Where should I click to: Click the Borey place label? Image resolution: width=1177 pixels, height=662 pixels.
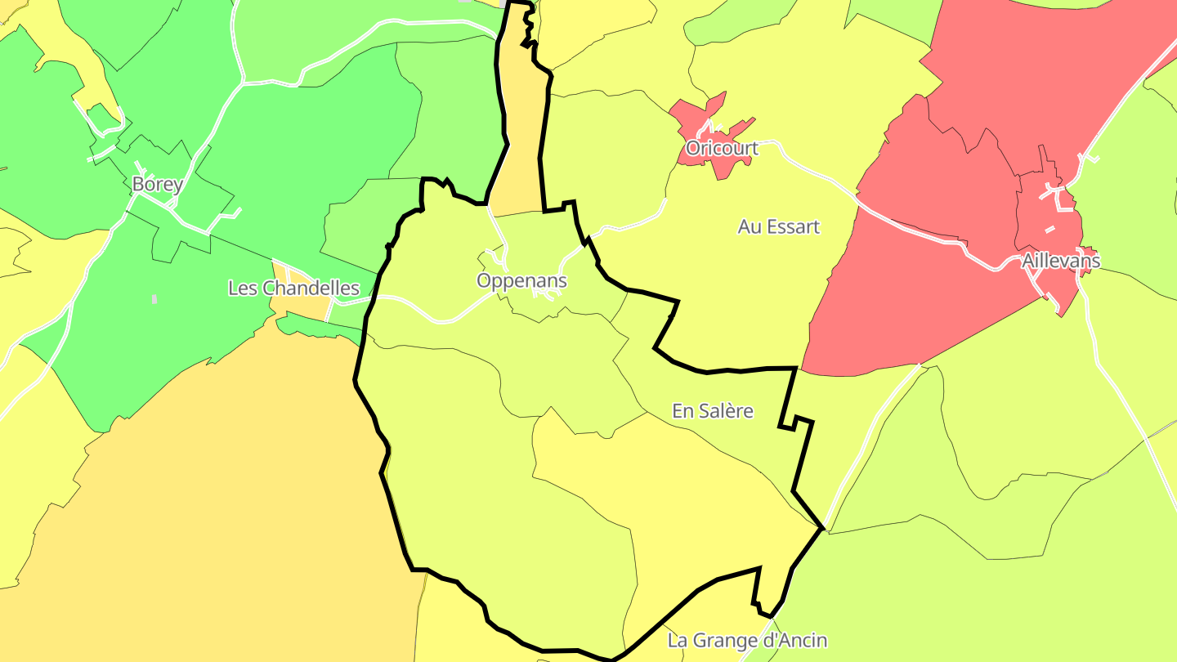(x=157, y=184)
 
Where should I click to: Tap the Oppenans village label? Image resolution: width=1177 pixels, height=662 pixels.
(x=521, y=280)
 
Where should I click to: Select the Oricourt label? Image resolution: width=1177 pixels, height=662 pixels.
(x=722, y=148)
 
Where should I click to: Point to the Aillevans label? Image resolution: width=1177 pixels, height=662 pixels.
(x=1060, y=261)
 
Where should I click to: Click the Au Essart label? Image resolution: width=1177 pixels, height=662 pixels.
(x=778, y=226)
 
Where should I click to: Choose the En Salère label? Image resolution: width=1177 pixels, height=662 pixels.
(x=712, y=410)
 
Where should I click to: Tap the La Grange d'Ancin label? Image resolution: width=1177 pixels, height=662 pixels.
(x=747, y=640)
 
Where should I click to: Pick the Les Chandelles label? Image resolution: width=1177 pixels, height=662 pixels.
(x=293, y=288)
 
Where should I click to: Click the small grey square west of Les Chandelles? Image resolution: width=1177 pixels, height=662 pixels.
(x=154, y=299)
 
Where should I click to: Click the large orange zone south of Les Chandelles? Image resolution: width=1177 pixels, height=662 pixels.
(x=204, y=490)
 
